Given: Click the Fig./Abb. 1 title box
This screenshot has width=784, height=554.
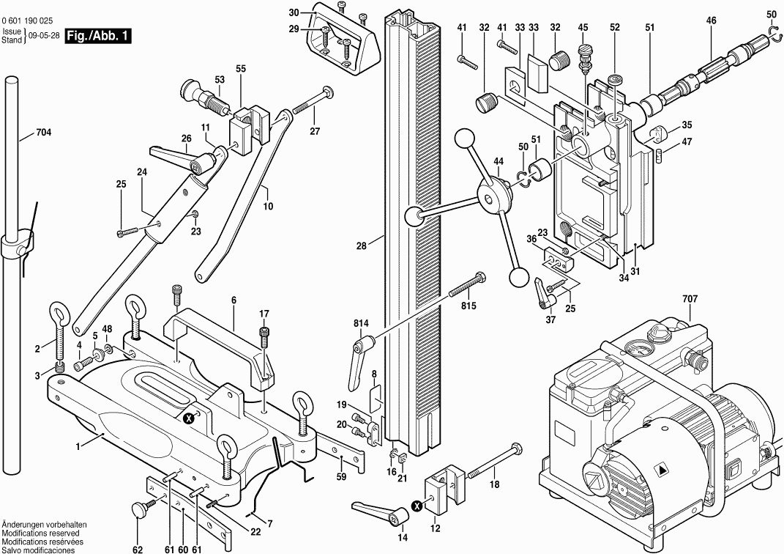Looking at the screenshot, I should [x=97, y=36].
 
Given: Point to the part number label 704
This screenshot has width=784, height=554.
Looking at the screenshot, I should [x=44, y=133].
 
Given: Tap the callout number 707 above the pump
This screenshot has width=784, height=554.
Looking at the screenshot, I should [x=690, y=299].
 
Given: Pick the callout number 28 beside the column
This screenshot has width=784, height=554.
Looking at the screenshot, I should [x=361, y=246].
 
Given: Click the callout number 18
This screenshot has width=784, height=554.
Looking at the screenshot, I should [x=495, y=484].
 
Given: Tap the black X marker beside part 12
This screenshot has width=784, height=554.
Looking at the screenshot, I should [x=417, y=505].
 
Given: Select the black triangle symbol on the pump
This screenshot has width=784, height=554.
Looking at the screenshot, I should [x=662, y=470].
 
